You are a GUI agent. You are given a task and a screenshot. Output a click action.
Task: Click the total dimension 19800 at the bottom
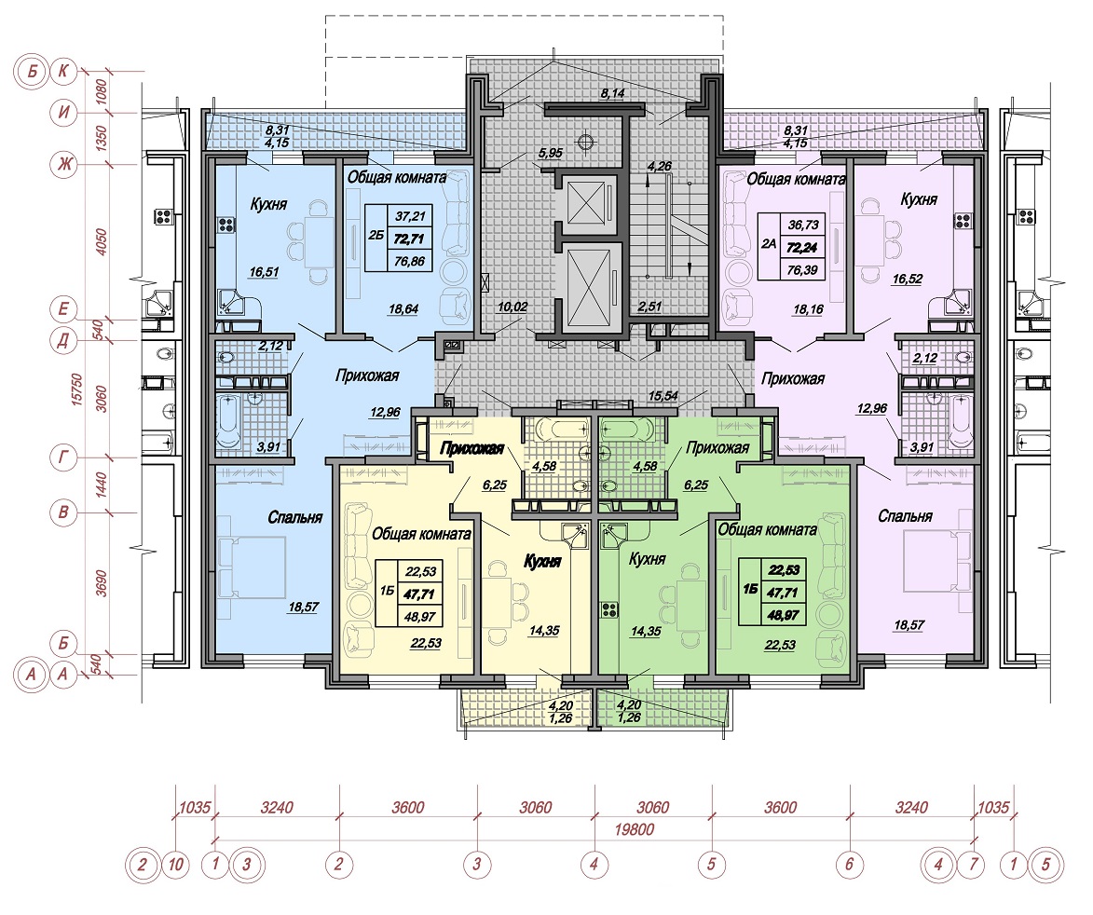[x=635, y=829]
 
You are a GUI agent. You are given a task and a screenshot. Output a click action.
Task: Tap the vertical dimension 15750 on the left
[x=79, y=390]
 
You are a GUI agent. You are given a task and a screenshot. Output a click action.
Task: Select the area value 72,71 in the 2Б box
[x=409, y=239]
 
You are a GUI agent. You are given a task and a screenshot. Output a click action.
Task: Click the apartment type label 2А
[x=768, y=245]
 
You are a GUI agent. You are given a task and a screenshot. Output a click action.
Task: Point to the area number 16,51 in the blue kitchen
[x=264, y=272]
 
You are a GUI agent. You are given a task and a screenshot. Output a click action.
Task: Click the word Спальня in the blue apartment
[x=294, y=517]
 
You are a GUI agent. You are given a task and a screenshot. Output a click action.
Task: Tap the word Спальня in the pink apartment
[x=905, y=515]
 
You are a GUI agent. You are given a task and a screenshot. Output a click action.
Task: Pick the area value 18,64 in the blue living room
[x=403, y=308]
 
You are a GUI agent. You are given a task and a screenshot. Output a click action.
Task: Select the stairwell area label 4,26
[x=660, y=167]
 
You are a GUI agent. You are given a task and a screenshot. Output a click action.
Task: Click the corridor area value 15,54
[x=663, y=395]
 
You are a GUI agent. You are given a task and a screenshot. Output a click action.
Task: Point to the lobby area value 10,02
[x=512, y=307]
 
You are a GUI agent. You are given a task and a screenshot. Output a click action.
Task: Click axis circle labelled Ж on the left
[x=66, y=165]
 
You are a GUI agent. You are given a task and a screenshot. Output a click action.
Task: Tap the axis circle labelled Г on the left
[x=63, y=457]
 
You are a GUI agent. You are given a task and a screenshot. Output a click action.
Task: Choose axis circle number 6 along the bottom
[x=849, y=865]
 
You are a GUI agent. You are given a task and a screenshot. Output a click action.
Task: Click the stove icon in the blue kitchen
[x=227, y=225]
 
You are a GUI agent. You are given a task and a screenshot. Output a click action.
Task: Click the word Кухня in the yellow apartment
[x=542, y=561]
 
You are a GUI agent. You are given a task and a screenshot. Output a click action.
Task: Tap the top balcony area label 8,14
[x=613, y=92]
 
